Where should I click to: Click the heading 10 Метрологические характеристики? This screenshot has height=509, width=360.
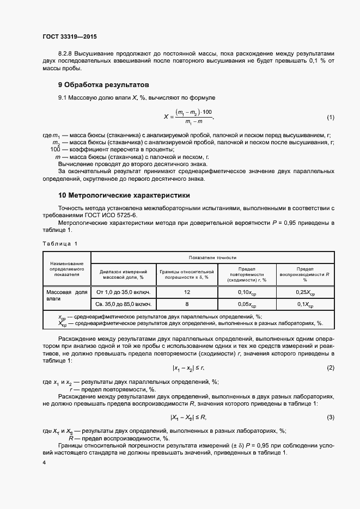124,195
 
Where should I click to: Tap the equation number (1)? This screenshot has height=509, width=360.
330,118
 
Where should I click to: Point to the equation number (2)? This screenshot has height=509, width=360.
330,368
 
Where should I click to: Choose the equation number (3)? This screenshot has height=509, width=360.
330,417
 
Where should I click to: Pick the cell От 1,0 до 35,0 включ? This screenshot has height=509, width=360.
123,292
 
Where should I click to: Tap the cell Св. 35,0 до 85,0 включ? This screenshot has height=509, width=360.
123,304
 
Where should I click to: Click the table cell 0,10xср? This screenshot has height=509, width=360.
247,293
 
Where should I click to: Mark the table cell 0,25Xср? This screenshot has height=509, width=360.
305,293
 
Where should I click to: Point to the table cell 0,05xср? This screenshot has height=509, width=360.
247,305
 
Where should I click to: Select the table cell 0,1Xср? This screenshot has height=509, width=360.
305,305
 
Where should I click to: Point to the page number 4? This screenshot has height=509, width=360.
44,462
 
